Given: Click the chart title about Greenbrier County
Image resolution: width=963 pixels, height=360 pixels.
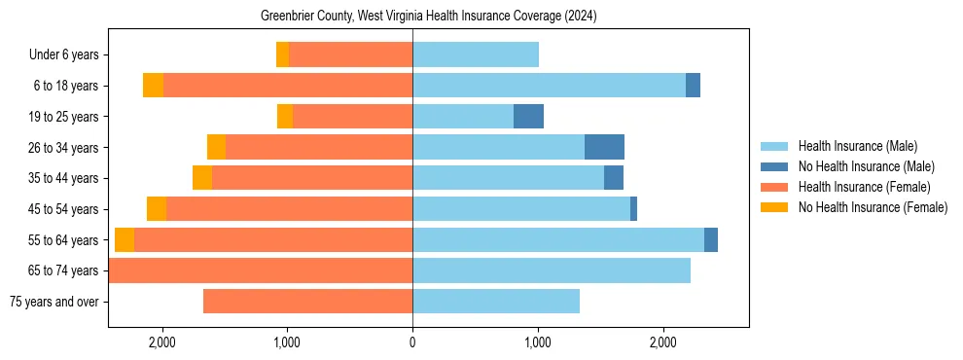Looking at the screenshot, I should click(428, 17).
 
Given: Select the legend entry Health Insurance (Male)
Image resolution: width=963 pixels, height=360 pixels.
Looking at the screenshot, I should click(857, 146).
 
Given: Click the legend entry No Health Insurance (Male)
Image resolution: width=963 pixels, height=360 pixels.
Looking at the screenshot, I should click(866, 166).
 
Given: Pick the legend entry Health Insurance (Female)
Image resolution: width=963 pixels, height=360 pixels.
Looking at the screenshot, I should click(864, 187).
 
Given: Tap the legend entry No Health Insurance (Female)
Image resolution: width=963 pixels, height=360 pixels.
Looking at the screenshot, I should click(873, 207).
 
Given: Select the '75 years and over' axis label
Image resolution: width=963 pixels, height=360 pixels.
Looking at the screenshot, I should click(53, 302).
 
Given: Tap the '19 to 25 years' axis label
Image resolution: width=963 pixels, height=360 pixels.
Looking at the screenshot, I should click(65, 117).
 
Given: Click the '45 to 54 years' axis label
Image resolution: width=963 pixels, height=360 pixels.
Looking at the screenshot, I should click(65, 209).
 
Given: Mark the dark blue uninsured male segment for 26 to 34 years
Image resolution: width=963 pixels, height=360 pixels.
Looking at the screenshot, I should click(604, 147).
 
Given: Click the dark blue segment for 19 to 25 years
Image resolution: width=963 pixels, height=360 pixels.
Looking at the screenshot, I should click(528, 117).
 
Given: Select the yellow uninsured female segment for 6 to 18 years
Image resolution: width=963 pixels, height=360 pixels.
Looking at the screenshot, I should click(153, 86).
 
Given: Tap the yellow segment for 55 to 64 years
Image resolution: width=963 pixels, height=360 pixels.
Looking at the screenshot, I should click(125, 239).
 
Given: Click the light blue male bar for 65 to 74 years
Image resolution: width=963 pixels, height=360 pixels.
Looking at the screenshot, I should click(552, 270).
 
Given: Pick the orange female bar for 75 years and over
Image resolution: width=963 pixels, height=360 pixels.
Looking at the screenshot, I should click(307, 302).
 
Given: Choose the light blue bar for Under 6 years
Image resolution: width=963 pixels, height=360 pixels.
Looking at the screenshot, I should click(476, 55).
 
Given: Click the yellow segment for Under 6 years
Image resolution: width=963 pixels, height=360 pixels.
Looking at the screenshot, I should click(282, 55).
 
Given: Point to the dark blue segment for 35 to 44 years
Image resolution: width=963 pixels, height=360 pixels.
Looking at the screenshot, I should click(614, 178).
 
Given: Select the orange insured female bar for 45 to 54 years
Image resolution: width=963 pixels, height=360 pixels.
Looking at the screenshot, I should click(289, 209).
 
